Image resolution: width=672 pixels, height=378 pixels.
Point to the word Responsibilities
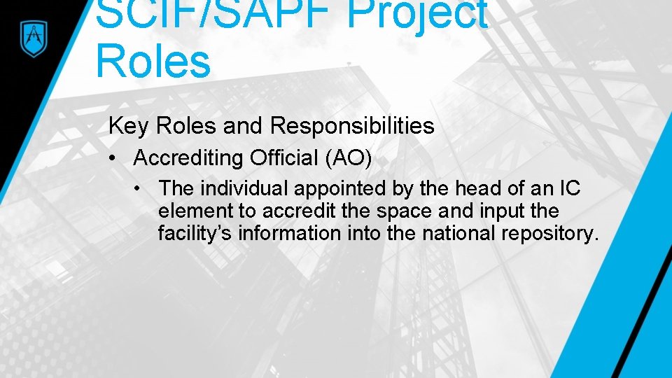pyautogui.click(x=352, y=126)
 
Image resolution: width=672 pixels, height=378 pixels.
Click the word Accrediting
pyautogui.click(x=187, y=158)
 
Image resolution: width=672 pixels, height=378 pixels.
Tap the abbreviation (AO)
pyautogui.click(x=348, y=158)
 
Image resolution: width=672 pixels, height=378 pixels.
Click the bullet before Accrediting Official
pyautogui.click(x=113, y=158)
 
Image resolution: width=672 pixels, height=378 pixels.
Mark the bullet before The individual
pyautogui.click(x=141, y=188)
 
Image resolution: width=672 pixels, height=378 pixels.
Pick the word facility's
pyautogui.click(x=195, y=232)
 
